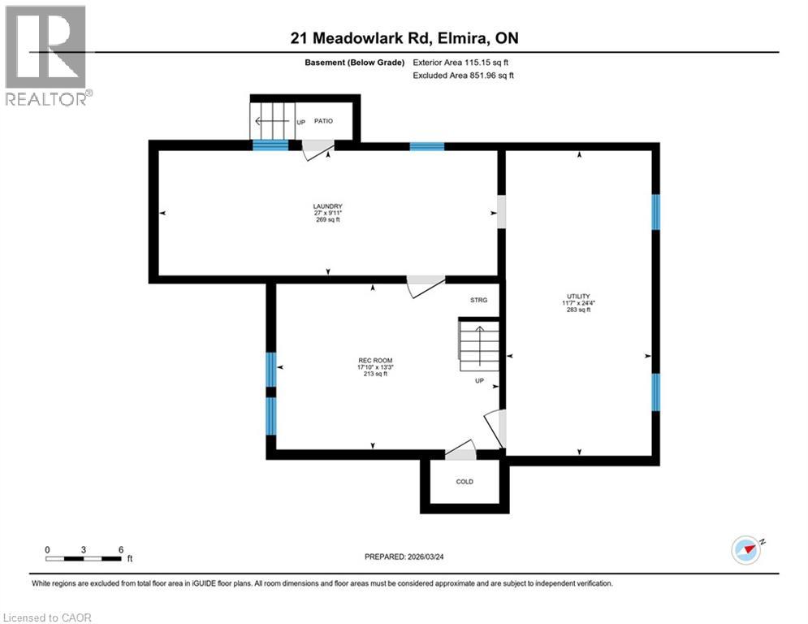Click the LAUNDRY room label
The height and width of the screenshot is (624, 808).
(327, 206)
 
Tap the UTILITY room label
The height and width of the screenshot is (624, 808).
(578, 296)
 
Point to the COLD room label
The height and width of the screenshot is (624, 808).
(464, 482)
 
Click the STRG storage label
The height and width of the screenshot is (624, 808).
(478, 301)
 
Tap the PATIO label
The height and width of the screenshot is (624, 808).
(324, 121)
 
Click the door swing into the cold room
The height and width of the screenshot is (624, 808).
(460, 448)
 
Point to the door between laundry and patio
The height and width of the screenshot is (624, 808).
(316, 147)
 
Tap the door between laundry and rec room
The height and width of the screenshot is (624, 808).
(425, 285)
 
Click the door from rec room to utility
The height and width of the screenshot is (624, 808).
(496, 427)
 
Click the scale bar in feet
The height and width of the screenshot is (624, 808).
(84, 557)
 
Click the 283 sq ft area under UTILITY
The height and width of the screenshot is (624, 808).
(578, 310)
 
